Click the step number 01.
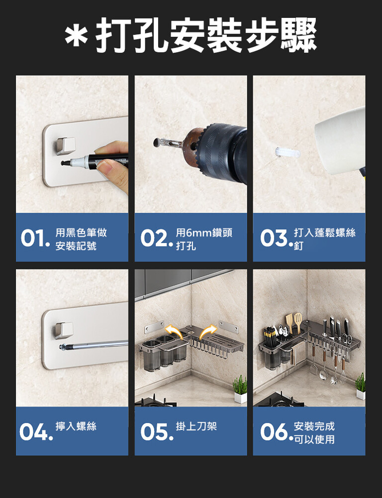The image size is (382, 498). (35, 238)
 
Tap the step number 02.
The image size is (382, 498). (156, 238)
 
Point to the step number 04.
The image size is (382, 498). (36, 432)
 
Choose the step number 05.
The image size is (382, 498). (157, 432)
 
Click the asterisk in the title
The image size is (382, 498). (76, 35)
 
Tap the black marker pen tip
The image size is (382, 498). (65, 163)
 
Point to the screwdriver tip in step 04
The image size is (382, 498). (63, 347)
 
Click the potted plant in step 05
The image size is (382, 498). (240, 389)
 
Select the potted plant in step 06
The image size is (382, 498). (361, 386)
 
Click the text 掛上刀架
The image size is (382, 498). (196, 426)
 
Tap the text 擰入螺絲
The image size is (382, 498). (76, 426)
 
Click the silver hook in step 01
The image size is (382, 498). (65, 146)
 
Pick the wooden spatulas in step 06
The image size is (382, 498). (294, 322)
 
